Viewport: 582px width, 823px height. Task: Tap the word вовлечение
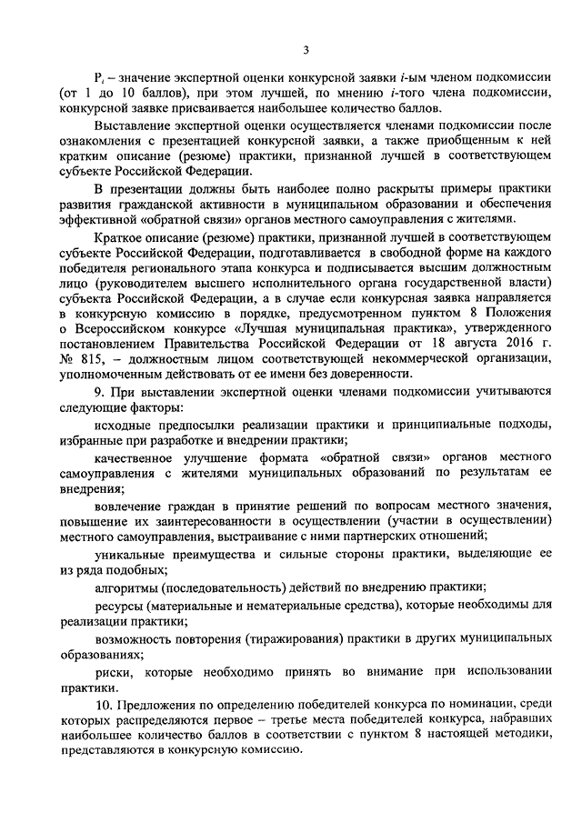click(x=131, y=504)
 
